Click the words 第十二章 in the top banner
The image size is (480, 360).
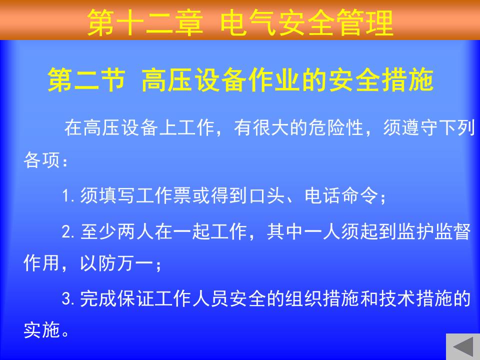point(145,22)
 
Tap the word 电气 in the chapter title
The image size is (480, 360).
point(248,22)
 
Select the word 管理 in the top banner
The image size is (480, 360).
point(364,22)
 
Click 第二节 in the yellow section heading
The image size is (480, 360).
point(86,80)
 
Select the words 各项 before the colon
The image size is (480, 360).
point(41,159)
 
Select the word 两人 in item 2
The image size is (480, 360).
point(135,231)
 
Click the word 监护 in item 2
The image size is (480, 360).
point(415,231)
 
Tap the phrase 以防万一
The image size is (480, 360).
point(116,263)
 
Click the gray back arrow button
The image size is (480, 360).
point(463,347)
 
